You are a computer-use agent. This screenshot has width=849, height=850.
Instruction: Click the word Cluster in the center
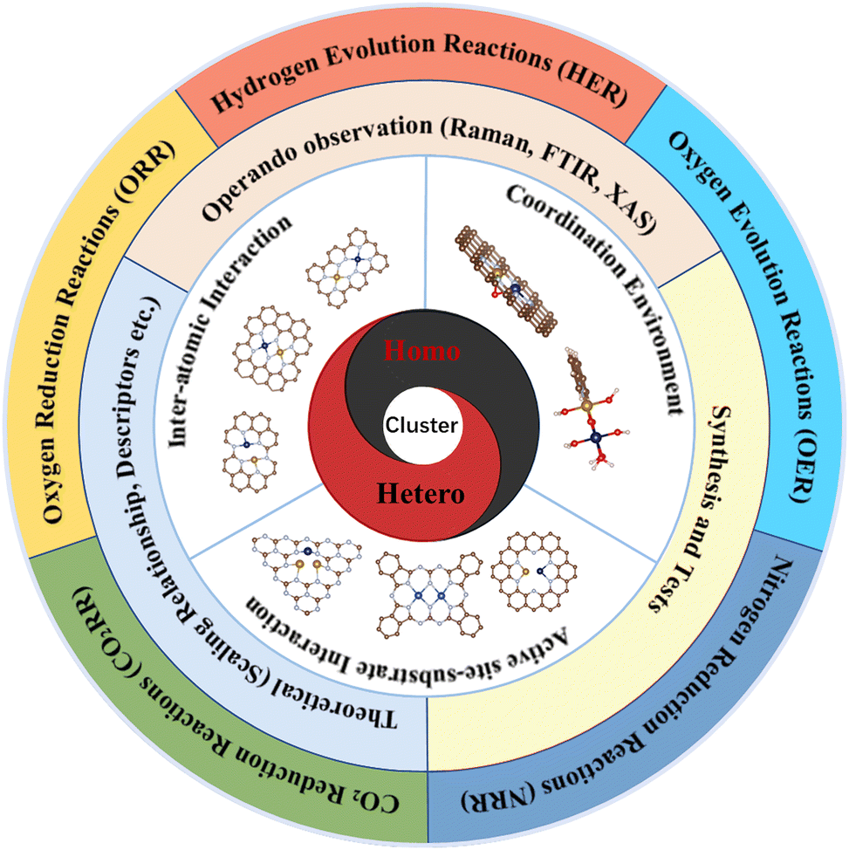[x=421, y=425]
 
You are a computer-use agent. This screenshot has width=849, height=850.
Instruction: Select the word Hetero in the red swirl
[x=421, y=495]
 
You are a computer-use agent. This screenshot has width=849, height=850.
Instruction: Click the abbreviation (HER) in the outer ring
[x=592, y=92]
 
